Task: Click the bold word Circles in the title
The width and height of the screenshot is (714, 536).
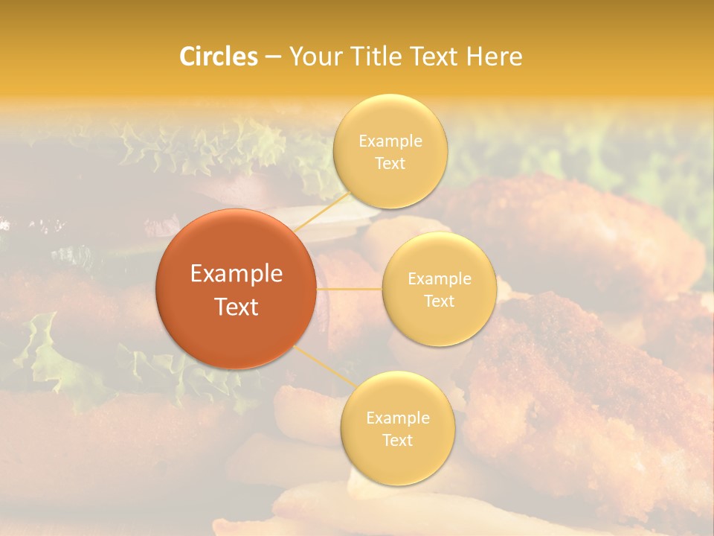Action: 219,57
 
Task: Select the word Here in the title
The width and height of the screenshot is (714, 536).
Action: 494,57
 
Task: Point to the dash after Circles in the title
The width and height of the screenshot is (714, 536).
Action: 272,57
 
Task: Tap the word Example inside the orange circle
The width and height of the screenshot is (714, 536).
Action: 237,274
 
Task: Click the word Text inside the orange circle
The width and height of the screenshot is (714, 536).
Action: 237,307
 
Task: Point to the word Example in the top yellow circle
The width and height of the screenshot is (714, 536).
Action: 390,141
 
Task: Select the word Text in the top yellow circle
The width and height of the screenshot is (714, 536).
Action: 390,163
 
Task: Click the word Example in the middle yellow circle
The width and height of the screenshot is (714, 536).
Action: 440,278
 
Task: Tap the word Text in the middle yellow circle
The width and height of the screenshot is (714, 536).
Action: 440,301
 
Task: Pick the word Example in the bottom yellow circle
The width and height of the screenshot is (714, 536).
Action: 398,418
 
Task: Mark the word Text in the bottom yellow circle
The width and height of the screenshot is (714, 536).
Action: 398,440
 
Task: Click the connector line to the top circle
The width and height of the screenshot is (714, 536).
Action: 321,211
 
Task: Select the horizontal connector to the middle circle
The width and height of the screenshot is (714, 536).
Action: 350,289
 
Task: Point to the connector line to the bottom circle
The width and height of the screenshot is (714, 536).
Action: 325,366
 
